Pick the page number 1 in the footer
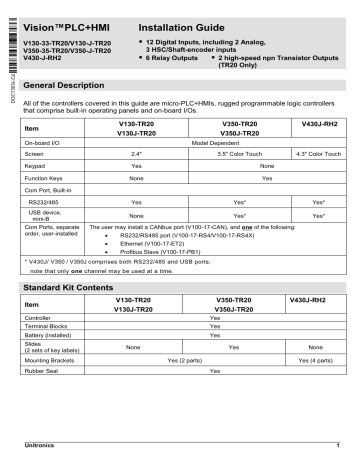338,445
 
